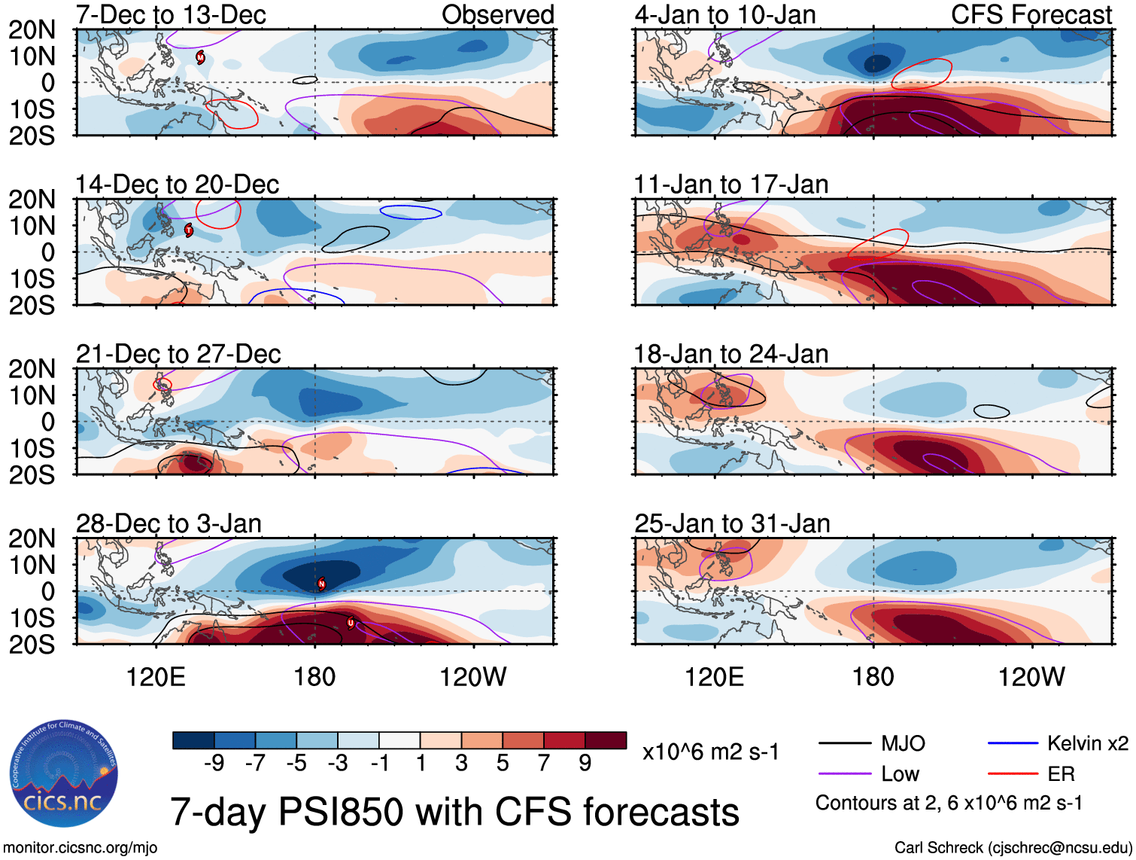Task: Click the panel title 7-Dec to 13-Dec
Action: click(171, 14)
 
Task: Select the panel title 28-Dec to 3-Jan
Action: click(169, 523)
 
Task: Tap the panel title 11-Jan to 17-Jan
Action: click(731, 185)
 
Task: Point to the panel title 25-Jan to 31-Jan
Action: click(732, 523)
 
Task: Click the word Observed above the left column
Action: click(497, 14)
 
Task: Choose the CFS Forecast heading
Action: click(1031, 14)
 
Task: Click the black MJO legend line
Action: click(844, 744)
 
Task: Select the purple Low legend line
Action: click(844, 774)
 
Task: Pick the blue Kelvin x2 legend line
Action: click(1013, 744)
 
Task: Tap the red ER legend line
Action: click(1013, 774)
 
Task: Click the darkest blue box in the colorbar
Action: click(193, 740)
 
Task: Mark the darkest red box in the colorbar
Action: click(606, 740)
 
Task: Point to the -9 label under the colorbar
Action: click(214, 764)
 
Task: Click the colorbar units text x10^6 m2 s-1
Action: click(710, 752)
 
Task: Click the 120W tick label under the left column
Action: click(473, 677)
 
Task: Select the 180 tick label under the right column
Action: click(873, 677)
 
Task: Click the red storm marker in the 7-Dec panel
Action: click(201, 56)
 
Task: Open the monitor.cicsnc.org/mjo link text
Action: click(80, 848)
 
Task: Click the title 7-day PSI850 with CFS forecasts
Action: click(454, 812)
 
